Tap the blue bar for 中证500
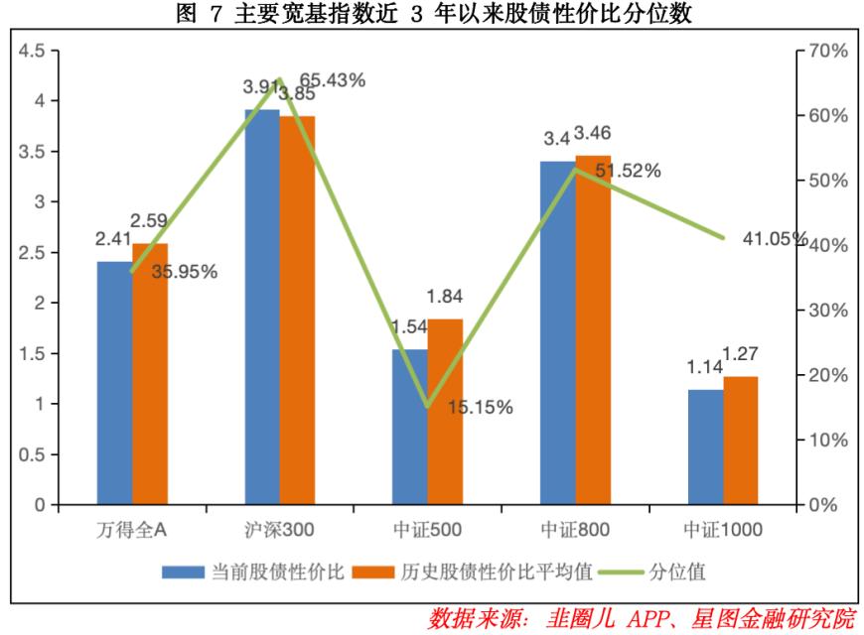(x=409, y=427)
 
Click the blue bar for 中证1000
(x=705, y=447)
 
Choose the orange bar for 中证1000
(x=740, y=441)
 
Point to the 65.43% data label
(x=332, y=81)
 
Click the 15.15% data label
(x=480, y=407)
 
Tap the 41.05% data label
(x=775, y=238)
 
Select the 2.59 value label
(x=152, y=221)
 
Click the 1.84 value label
(x=446, y=296)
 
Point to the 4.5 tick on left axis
(x=33, y=51)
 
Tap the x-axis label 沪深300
(x=279, y=531)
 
